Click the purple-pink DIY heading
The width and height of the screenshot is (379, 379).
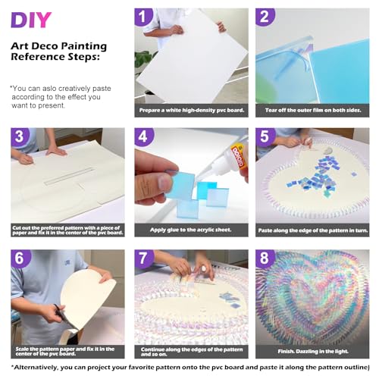31,20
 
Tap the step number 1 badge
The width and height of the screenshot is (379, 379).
143,16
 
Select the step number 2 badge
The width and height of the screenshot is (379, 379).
265,16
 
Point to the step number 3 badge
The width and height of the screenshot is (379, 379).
20,136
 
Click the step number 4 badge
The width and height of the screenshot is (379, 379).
143,136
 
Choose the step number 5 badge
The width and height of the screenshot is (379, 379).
265,136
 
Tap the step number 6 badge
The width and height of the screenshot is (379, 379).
20,258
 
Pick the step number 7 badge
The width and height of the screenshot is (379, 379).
143,258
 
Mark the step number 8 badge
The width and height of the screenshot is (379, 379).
265,258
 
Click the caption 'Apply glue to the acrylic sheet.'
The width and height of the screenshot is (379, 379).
191,230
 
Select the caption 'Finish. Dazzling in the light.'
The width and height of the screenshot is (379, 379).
313,351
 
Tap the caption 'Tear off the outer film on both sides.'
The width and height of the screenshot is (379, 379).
313,110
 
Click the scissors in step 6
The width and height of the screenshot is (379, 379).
61,315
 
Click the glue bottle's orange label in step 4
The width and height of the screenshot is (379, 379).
238,157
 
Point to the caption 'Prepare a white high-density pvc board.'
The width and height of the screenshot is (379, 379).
192,110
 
